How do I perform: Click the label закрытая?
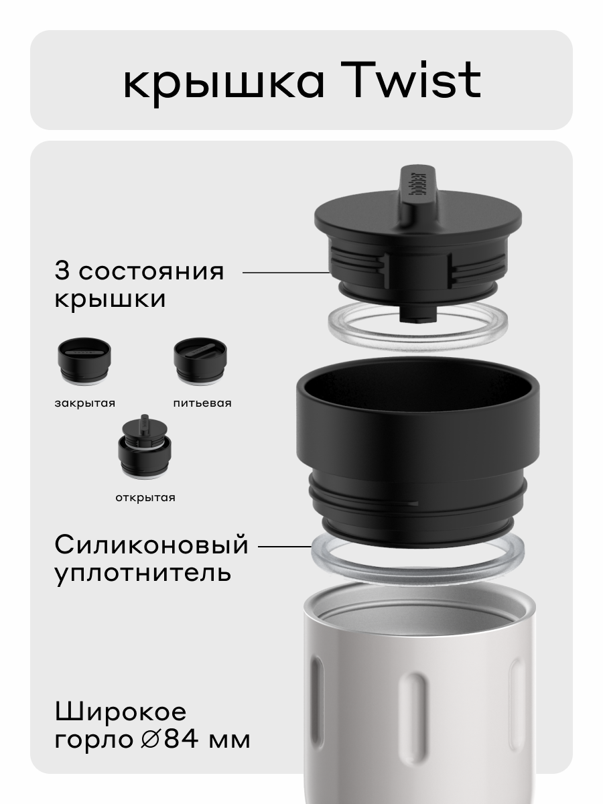coord(84,403)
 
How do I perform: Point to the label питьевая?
coord(202,403)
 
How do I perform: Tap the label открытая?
coord(144,497)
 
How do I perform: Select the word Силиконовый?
coord(151,545)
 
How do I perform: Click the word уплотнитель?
coord(143,574)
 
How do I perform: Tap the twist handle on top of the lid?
coord(417,188)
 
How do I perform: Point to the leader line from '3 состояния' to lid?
coord(285,273)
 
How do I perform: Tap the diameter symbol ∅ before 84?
coord(151,740)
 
